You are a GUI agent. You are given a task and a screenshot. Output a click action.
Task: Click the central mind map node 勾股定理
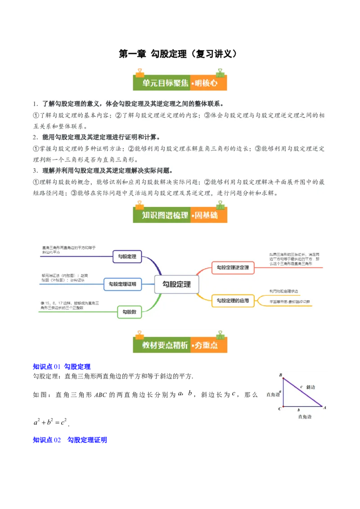[176, 284]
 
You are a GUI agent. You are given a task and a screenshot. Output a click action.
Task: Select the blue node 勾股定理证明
[123, 284]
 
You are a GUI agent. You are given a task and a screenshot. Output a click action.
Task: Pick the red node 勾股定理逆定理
[233, 268]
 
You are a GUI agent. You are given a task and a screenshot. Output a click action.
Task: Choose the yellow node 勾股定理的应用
[233, 300]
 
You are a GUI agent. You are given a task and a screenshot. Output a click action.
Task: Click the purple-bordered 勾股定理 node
[127, 257]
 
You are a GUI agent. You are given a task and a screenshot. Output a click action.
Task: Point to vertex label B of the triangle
[280, 375]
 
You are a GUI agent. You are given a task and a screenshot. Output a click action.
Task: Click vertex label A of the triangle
[325, 407]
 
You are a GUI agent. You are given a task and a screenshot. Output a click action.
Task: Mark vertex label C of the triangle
[279, 408]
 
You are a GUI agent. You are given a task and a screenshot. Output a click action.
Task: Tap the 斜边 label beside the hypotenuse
[310, 387]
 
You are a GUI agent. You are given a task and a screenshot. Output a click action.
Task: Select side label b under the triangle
[299, 410]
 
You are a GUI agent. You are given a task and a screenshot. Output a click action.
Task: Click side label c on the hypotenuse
[301, 386]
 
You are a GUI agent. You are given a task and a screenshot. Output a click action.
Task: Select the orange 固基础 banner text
[208, 215]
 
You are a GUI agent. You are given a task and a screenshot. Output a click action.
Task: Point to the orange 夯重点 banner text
[208, 345]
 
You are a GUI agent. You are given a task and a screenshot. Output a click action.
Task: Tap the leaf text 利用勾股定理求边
[284, 291]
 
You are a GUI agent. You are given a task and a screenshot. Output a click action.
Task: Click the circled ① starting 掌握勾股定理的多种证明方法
[36, 148]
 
